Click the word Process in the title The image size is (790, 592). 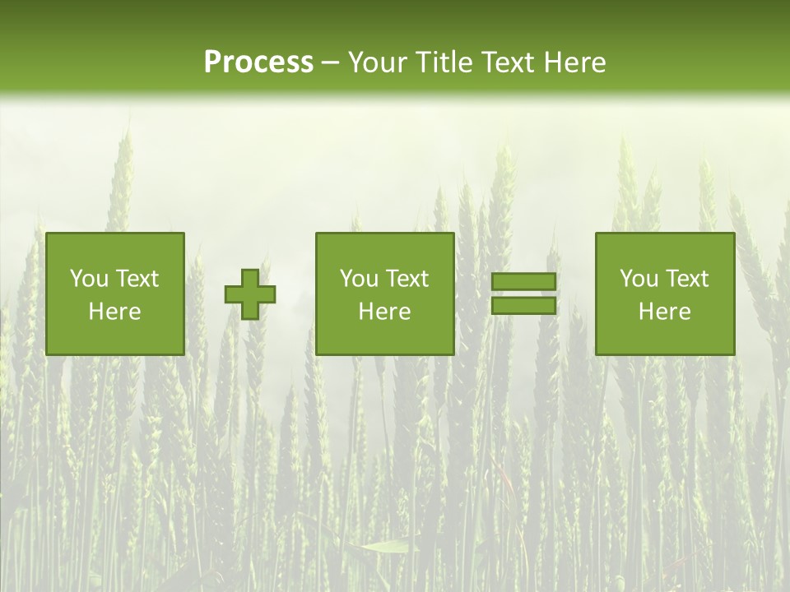pos(258,62)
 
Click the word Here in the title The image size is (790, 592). pos(575,62)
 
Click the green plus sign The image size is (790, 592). pos(250,294)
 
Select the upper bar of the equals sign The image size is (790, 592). pos(523,281)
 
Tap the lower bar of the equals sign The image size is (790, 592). pos(523,306)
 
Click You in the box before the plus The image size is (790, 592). pos(89,279)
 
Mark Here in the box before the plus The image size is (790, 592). pos(114,312)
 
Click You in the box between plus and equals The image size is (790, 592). pos(359,279)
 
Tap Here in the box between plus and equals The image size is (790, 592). pos(384,312)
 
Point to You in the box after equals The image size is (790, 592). pos(639,279)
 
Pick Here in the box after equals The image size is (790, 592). pos(664,312)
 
